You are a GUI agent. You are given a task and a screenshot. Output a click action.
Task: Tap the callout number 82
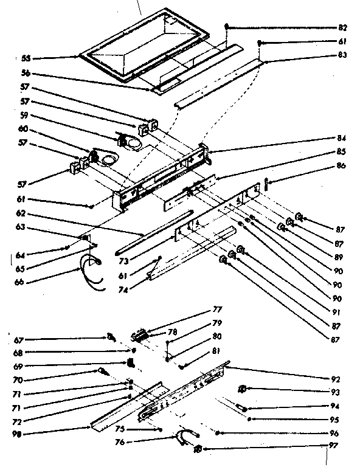pyautogui.click(x=343, y=28)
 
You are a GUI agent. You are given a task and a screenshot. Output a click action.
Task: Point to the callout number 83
pyautogui.click(x=343, y=55)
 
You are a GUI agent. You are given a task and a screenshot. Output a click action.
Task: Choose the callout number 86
pyautogui.click(x=343, y=165)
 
